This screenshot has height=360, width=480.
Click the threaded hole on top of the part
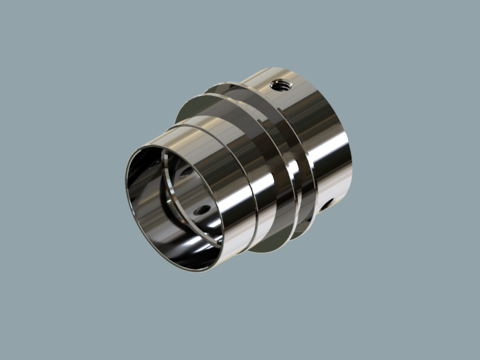coord(280,85)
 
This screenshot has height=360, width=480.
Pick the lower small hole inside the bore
coord(202,210)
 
